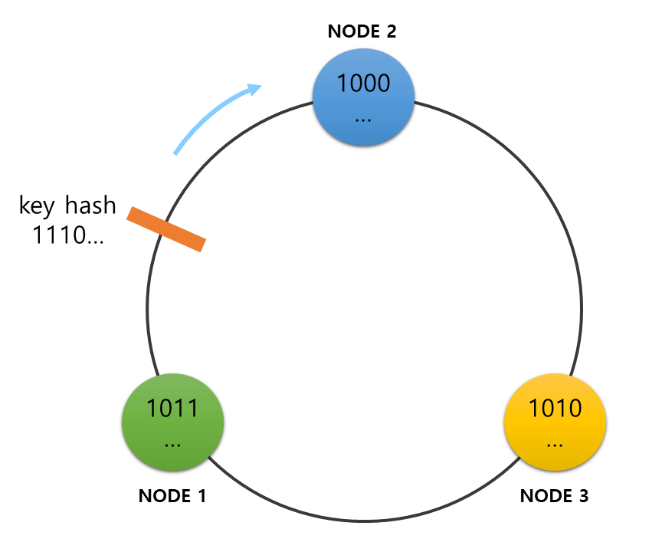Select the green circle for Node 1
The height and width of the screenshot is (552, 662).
[x=173, y=421]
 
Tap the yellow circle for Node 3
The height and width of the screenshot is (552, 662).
[x=555, y=421]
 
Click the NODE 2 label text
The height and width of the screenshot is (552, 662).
[x=362, y=31]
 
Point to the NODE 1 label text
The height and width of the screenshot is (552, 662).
[x=172, y=496]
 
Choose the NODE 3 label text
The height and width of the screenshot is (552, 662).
[x=554, y=496]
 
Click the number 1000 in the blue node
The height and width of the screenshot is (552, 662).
[x=364, y=83]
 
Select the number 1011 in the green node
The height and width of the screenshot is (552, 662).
[x=173, y=408]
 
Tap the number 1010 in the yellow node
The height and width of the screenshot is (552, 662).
[x=555, y=408]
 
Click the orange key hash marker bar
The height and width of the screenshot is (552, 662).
[x=166, y=228]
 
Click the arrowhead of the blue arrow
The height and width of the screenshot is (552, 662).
[x=254, y=89]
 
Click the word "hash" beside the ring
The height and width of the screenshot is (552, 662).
[x=90, y=205]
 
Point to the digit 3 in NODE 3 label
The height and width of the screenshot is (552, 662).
[x=582, y=496]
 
